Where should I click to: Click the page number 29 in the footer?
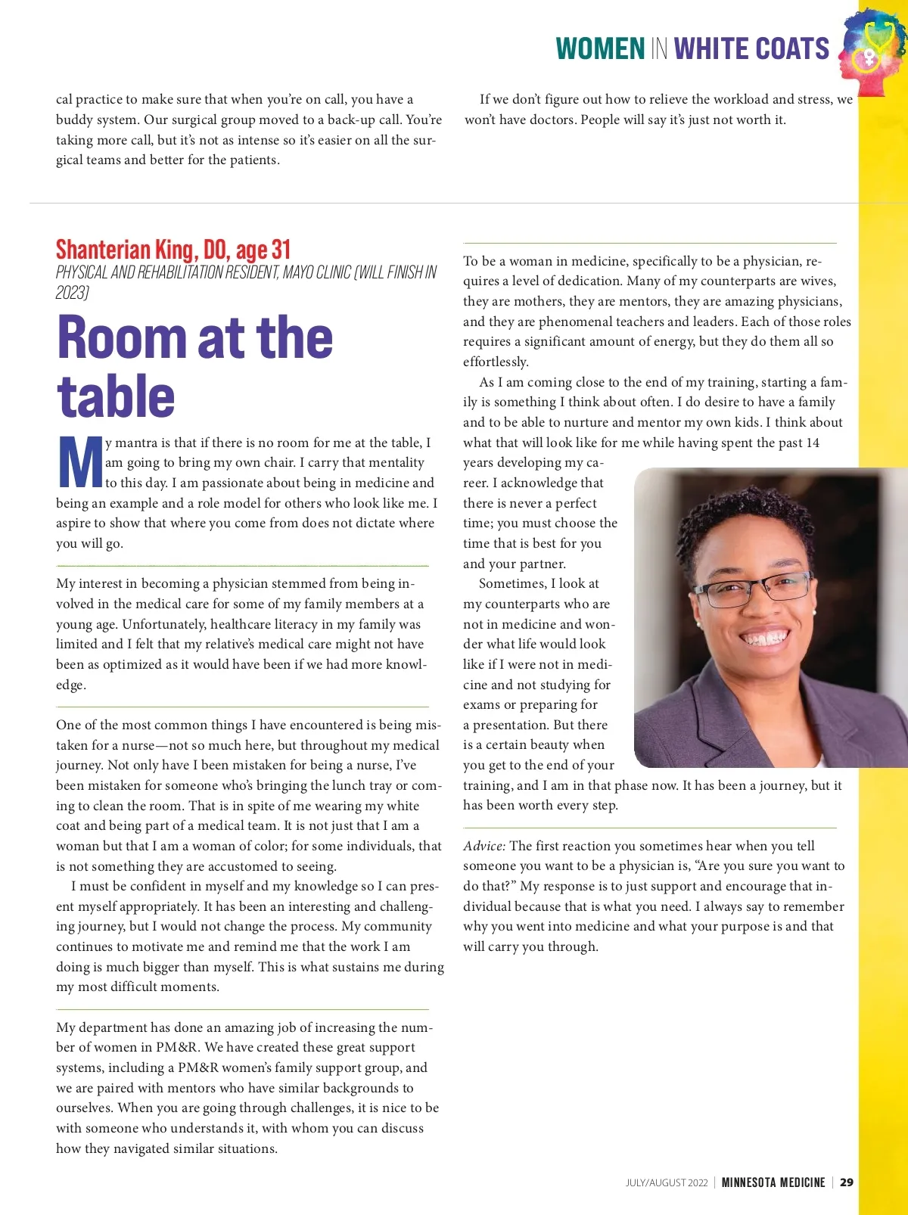coord(847,1182)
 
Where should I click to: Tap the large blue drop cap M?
coord(79,463)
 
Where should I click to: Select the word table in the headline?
coord(115,396)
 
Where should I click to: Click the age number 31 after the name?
coord(281,250)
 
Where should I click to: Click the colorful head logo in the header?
coord(872,51)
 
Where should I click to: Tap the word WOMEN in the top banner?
coord(600,49)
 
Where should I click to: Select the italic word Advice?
coord(484,846)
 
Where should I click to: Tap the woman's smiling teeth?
coord(765,638)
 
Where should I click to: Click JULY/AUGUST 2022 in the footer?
coord(667,1182)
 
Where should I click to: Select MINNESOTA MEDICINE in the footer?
coord(773,1182)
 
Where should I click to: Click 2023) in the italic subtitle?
coord(73,293)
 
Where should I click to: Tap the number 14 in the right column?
coord(812,443)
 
